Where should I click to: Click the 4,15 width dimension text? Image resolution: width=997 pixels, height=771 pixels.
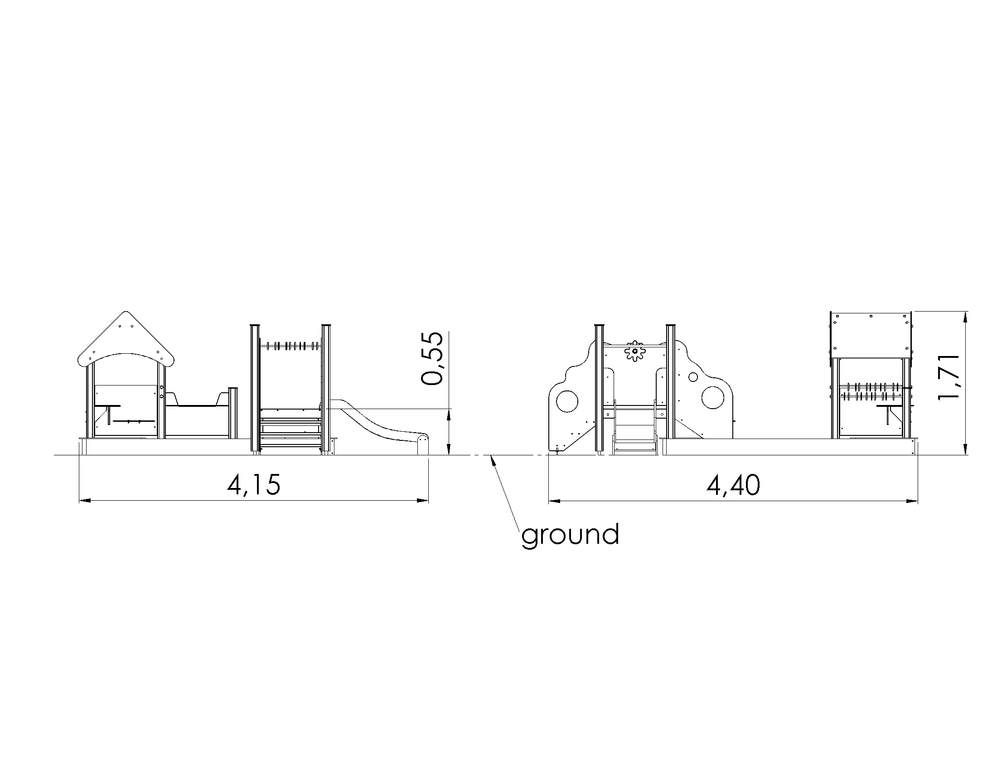click(x=254, y=485)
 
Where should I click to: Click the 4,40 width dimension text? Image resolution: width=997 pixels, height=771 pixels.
click(x=734, y=485)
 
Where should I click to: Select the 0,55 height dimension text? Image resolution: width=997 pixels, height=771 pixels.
click(x=432, y=359)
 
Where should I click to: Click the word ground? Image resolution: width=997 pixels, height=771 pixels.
click(x=570, y=535)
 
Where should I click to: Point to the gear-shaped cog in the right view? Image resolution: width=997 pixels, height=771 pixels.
click(x=634, y=351)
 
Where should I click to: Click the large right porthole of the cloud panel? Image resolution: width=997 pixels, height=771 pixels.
click(x=712, y=397)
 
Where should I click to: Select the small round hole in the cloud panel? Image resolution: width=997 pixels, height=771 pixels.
click(x=693, y=377)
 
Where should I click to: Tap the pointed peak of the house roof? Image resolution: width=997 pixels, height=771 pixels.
click(x=126, y=312)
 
